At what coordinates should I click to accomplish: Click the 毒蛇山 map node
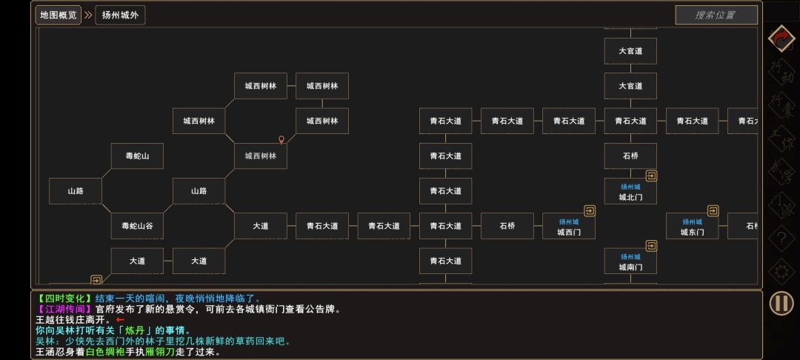point(137,156)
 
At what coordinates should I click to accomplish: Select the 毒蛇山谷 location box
point(137,226)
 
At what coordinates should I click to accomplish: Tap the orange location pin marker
point(281,139)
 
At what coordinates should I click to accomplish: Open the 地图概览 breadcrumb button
point(59,15)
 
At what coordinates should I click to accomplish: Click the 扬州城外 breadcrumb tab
point(120,15)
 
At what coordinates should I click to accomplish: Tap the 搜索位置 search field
point(716,15)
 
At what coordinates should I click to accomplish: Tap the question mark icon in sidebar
point(781,239)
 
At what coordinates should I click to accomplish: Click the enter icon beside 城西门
point(590,211)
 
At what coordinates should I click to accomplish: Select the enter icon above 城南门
point(651,246)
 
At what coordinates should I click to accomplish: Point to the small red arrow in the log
point(120,320)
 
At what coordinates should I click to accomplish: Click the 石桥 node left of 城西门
point(507,226)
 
